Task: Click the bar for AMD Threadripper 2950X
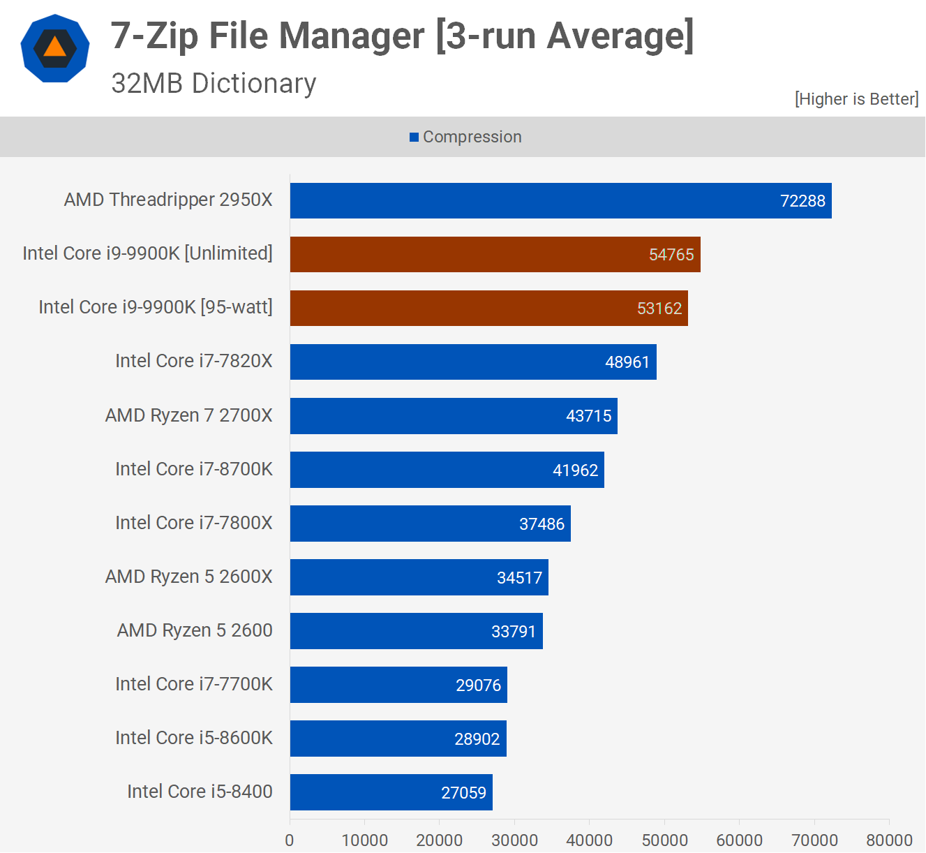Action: coord(560,201)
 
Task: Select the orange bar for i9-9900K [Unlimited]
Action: coord(495,255)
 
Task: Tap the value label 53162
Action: coord(659,309)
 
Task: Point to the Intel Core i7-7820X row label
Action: coord(193,361)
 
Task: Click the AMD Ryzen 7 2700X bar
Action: coord(454,416)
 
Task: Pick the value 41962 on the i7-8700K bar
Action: coord(575,470)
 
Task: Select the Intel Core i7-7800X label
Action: coord(193,523)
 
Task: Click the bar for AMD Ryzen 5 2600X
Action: coord(419,577)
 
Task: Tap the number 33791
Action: coord(514,632)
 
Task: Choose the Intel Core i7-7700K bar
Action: coord(398,685)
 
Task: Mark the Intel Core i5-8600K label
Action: coord(193,738)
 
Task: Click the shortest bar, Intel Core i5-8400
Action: coord(391,792)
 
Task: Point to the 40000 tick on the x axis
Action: coord(589,840)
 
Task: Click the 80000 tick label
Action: coord(889,840)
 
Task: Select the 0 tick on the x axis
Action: coord(290,840)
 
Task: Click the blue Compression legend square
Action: coord(414,138)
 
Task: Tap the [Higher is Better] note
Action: coord(856,99)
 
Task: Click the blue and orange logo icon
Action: coord(55,48)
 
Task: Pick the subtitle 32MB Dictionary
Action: coord(214,84)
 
